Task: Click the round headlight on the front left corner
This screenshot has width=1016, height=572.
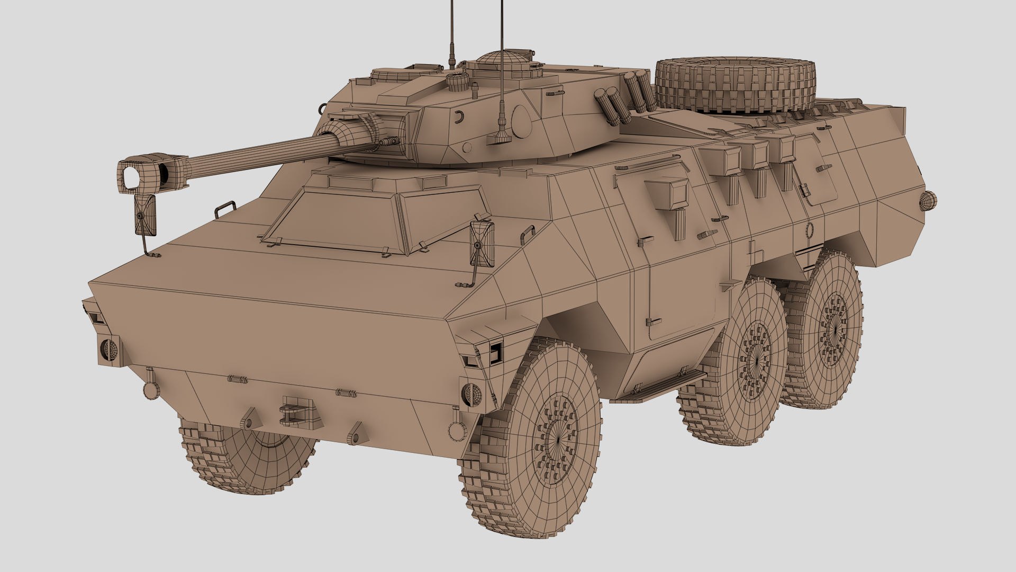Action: click(110, 348)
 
